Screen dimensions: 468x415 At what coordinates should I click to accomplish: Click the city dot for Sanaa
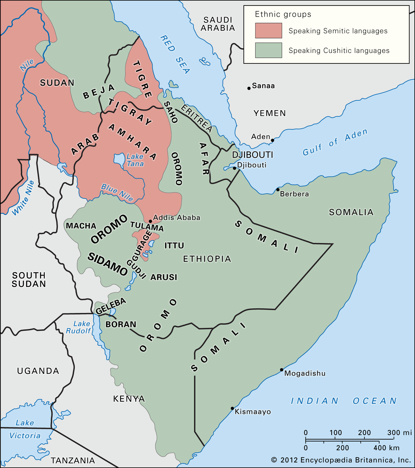(249, 88)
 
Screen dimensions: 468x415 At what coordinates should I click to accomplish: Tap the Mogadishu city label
(305, 373)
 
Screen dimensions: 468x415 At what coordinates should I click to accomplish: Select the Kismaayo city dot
(232, 408)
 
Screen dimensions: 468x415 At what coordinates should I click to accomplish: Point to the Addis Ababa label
(177, 218)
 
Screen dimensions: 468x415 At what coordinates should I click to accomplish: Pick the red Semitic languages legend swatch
(268, 31)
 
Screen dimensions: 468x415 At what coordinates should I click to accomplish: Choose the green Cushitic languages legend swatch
(268, 50)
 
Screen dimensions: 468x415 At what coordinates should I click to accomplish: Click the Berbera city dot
(278, 190)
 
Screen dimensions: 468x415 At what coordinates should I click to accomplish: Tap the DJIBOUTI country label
(253, 155)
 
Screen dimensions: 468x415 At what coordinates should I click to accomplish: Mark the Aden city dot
(272, 140)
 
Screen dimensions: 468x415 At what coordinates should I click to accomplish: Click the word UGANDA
(38, 371)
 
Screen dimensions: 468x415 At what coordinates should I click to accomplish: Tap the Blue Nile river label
(117, 192)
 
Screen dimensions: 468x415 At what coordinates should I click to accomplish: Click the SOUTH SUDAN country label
(29, 279)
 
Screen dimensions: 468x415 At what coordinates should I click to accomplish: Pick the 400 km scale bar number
(386, 448)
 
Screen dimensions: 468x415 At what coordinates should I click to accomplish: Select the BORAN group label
(121, 324)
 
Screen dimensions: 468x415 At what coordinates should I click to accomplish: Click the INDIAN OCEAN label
(344, 401)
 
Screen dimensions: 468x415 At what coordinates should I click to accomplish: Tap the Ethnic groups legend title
(283, 14)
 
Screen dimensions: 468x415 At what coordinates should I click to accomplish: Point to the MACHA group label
(81, 226)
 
